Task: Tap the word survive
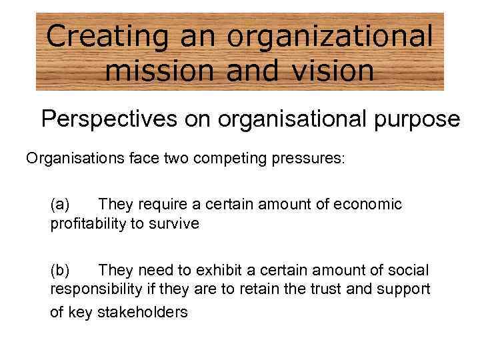(x=175, y=223)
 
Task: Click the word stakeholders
(x=143, y=311)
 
